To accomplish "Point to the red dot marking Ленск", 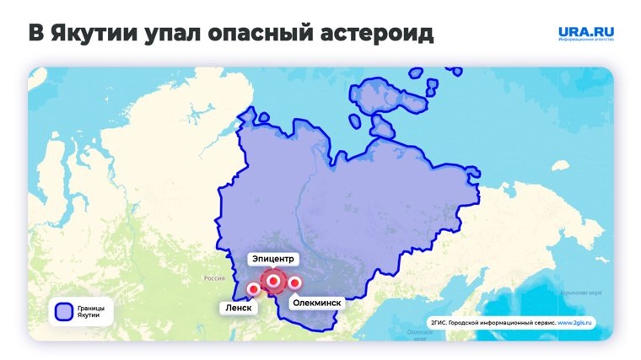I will click(x=253, y=290).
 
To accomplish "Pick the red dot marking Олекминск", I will click(x=294, y=282).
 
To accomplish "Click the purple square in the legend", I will click(x=62, y=311).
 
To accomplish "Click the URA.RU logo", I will click(x=585, y=32).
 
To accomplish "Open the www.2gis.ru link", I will click(x=574, y=322).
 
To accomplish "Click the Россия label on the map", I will click(x=214, y=277).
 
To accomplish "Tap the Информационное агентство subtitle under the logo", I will click(x=585, y=41).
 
